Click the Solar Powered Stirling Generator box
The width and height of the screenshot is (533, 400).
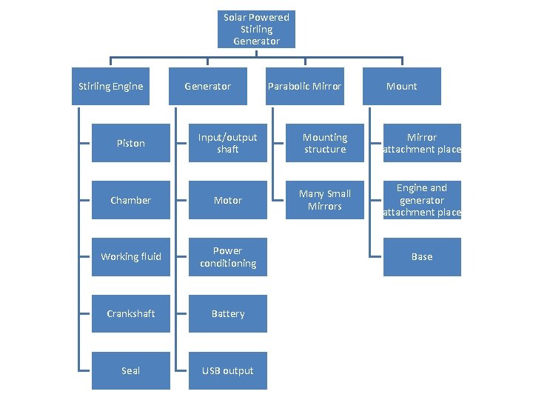point(256,29)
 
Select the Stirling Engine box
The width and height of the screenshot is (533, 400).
point(110,86)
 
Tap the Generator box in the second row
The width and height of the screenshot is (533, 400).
point(208,86)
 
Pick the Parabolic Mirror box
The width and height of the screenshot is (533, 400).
point(305,86)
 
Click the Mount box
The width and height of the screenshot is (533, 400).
point(402,86)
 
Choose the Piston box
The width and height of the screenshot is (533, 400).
point(131,143)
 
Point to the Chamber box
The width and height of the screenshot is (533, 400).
point(131,200)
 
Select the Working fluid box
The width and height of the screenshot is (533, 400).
point(131,257)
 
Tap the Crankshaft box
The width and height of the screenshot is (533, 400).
point(131,313)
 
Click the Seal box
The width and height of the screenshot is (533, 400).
point(131,371)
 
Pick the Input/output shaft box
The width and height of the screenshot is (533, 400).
point(228,143)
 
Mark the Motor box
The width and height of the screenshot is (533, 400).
point(228,200)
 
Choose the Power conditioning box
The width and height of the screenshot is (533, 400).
point(228,257)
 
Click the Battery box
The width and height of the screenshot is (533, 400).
point(228,313)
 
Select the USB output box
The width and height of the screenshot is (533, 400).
point(228,371)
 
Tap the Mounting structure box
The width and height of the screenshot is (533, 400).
point(325,143)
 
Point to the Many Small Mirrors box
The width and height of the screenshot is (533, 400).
point(325,200)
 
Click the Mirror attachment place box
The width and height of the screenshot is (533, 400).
point(422,143)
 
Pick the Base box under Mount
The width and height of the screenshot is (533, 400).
point(422,257)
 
